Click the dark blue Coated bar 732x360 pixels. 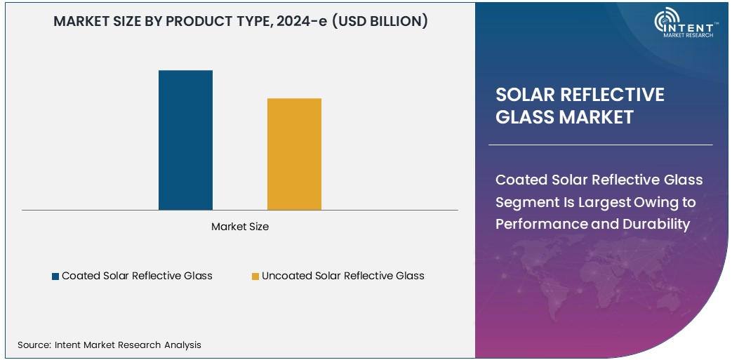(x=185, y=140)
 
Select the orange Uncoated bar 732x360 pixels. (x=294, y=154)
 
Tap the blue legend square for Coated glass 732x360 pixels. (x=55, y=276)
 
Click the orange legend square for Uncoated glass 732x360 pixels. (x=255, y=276)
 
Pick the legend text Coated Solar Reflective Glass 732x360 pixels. (x=137, y=276)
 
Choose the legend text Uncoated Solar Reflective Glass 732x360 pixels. (x=343, y=276)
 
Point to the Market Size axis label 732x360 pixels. (x=240, y=227)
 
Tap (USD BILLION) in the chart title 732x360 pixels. (x=380, y=21)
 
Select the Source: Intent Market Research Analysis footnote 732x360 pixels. (x=109, y=345)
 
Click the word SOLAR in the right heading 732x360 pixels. (x=525, y=95)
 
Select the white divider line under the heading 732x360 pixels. (x=600, y=145)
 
